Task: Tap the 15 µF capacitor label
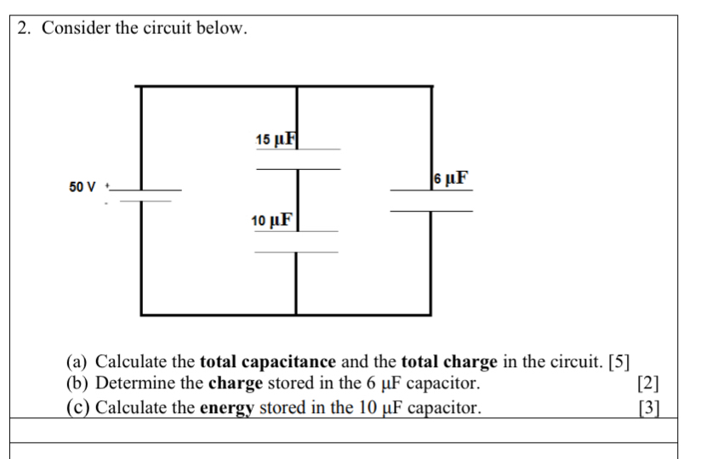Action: [x=275, y=139]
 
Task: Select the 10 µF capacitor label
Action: [x=272, y=221]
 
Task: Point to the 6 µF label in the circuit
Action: [x=450, y=178]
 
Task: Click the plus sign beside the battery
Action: [x=107, y=185]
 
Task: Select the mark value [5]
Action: [x=618, y=362]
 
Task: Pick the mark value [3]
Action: [x=648, y=407]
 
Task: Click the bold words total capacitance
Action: [x=267, y=362]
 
